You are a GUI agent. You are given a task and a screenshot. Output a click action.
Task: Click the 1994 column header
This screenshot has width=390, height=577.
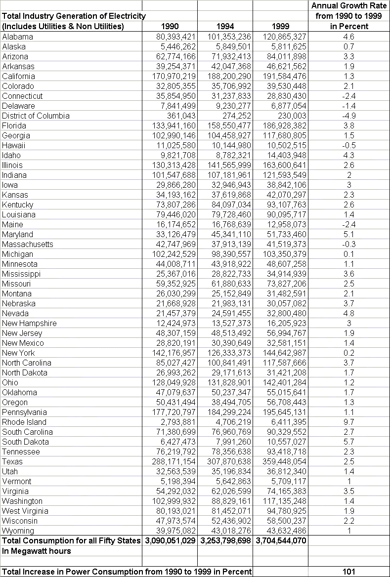pos(225,27)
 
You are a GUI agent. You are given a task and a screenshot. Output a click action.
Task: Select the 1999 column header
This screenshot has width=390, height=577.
pos(280,27)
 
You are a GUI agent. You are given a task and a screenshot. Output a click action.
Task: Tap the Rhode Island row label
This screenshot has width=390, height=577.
pos(24,422)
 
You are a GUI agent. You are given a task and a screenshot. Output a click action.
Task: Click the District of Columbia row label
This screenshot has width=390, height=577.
pos(43,116)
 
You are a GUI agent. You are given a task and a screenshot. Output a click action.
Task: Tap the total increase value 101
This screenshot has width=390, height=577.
pos(348,572)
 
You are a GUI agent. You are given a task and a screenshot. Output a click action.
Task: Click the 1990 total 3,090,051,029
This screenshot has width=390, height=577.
pos(170,540)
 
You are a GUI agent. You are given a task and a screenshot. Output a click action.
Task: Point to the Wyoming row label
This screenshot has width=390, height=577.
pos(18,531)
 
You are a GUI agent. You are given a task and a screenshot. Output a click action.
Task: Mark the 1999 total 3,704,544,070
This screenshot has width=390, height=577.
pos(281,540)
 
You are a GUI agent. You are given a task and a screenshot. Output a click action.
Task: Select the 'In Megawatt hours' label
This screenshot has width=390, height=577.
pos(37,551)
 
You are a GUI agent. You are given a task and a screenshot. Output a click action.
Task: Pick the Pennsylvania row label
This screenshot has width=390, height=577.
pos(25,412)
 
